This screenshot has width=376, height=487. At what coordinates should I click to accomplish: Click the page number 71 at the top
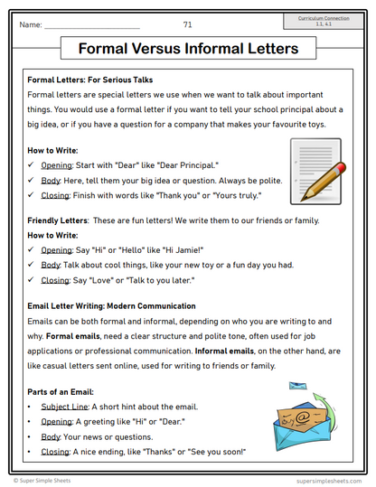pos(187,24)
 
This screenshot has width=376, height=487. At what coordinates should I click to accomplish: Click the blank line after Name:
pos(90,26)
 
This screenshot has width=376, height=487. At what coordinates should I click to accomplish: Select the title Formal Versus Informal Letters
pos(187,48)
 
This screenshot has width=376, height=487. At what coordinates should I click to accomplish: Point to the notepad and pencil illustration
pos(316,169)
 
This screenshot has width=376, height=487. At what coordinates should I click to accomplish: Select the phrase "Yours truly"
pos(233,194)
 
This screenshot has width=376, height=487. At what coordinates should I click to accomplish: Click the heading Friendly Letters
pos(57,220)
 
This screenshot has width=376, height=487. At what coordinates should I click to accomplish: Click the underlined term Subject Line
pos(64,407)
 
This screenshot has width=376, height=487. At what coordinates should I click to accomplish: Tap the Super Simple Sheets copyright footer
pos(49,480)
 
